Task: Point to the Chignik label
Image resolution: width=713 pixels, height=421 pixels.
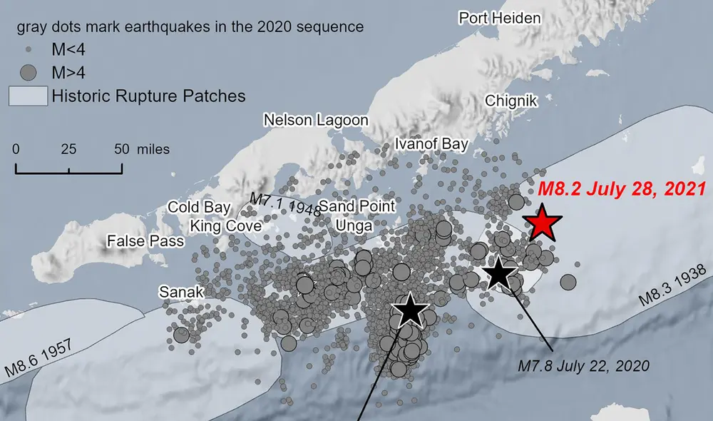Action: pyautogui.click(x=511, y=101)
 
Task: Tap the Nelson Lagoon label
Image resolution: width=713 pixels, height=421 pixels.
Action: pyautogui.click(x=316, y=120)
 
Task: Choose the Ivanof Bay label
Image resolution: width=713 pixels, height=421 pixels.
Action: pyautogui.click(x=431, y=144)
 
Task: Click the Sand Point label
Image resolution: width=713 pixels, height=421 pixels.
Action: pyautogui.click(x=356, y=206)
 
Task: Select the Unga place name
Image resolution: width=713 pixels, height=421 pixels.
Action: pyautogui.click(x=354, y=225)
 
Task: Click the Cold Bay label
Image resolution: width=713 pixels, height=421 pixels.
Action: pyautogui.click(x=199, y=207)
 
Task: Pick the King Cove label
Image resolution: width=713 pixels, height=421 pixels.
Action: pyautogui.click(x=225, y=226)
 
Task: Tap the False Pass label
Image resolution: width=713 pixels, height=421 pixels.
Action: pyautogui.click(x=145, y=241)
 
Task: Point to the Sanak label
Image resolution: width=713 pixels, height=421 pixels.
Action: pyautogui.click(x=181, y=292)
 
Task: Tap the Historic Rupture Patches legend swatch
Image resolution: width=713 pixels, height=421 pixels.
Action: pyautogui.click(x=29, y=96)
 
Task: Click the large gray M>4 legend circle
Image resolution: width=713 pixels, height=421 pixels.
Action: pyautogui.click(x=29, y=72)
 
